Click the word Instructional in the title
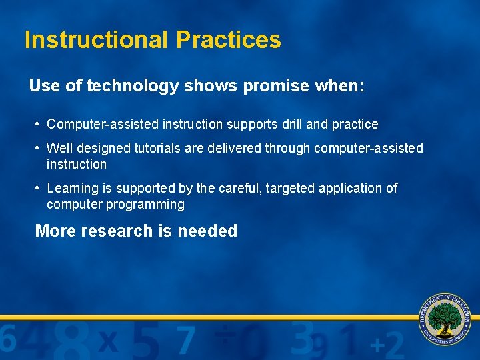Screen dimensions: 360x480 [x=97, y=40]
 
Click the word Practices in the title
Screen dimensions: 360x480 [x=228, y=40]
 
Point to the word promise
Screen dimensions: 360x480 [x=276, y=86]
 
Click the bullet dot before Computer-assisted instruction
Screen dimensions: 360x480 [x=39, y=125]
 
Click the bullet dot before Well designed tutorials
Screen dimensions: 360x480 [x=39, y=148]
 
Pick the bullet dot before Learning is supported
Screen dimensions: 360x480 [x=39, y=189]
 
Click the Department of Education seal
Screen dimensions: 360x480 [x=445, y=319]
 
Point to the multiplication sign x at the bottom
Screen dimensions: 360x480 [x=108, y=341]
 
